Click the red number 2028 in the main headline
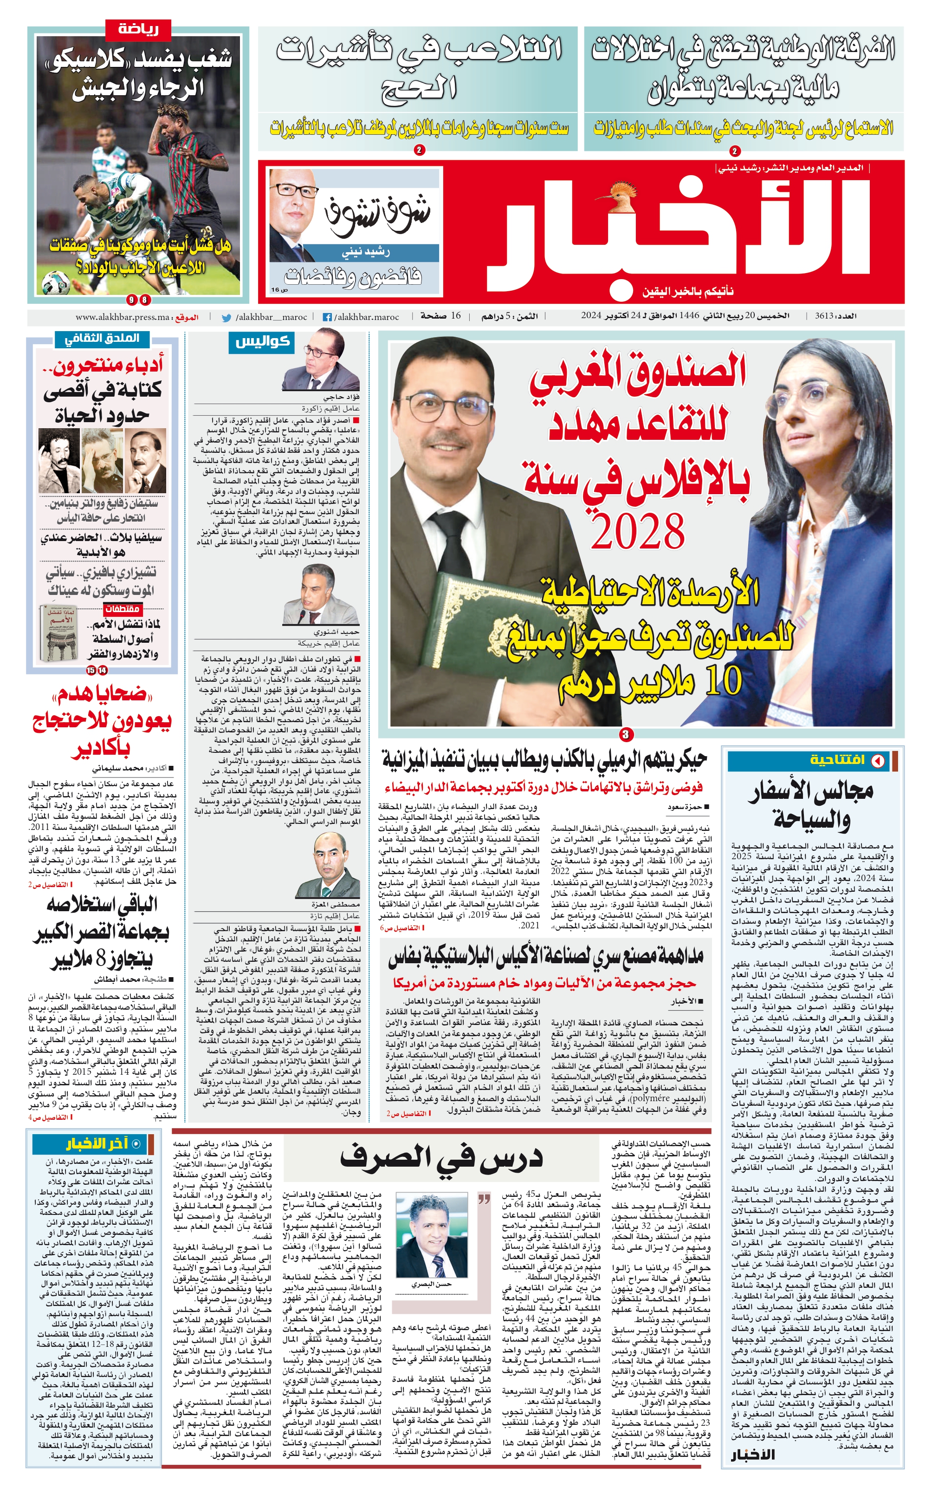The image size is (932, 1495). [x=638, y=530]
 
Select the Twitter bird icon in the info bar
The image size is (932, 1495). [x=227, y=317]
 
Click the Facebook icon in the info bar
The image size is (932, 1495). [x=327, y=317]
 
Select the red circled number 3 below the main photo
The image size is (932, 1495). [x=626, y=734]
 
